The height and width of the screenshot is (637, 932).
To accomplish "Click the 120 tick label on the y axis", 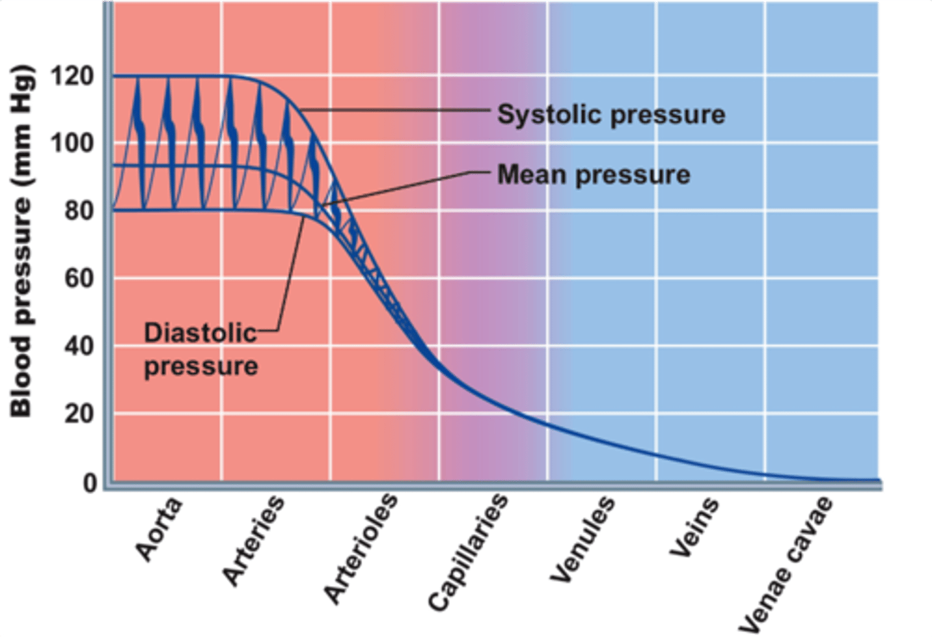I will pyautogui.click(x=72, y=76).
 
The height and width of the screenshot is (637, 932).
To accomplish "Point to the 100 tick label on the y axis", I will pyautogui.click(x=72, y=143).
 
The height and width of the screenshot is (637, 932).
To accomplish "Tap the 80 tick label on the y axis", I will pyautogui.click(x=78, y=211).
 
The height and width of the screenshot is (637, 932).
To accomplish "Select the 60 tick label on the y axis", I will pyautogui.click(x=78, y=278).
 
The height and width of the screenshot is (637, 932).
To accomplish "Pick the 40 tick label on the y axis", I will pyautogui.click(x=78, y=346).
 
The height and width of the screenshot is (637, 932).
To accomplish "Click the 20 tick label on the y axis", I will pyautogui.click(x=78, y=413).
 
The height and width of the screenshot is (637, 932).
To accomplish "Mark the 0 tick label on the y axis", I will pyautogui.click(x=89, y=483).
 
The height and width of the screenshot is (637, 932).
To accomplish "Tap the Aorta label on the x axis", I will pyautogui.click(x=159, y=530).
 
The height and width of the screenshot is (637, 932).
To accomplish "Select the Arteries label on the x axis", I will pyautogui.click(x=253, y=541).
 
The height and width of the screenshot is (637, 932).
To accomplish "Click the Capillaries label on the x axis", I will pyautogui.click(x=468, y=552).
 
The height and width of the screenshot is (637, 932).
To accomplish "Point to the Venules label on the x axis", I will pyautogui.click(x=582, y=539).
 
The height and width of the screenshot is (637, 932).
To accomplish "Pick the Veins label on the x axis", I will pyautogui.click(x=694, y=528).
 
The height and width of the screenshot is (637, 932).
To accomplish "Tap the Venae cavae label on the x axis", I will pyautogui.click(x=786, y=564).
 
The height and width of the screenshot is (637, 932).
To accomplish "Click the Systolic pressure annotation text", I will pyautogui.click(x=611, y=115).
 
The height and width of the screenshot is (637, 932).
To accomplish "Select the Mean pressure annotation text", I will pyautogui.click(x=594, y=175).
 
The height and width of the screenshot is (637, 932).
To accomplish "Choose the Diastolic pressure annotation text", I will pyautogui.click(x=201, y=350).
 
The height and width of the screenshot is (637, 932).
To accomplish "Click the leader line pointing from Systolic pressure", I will pyautogui.click(x=395, y=110).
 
